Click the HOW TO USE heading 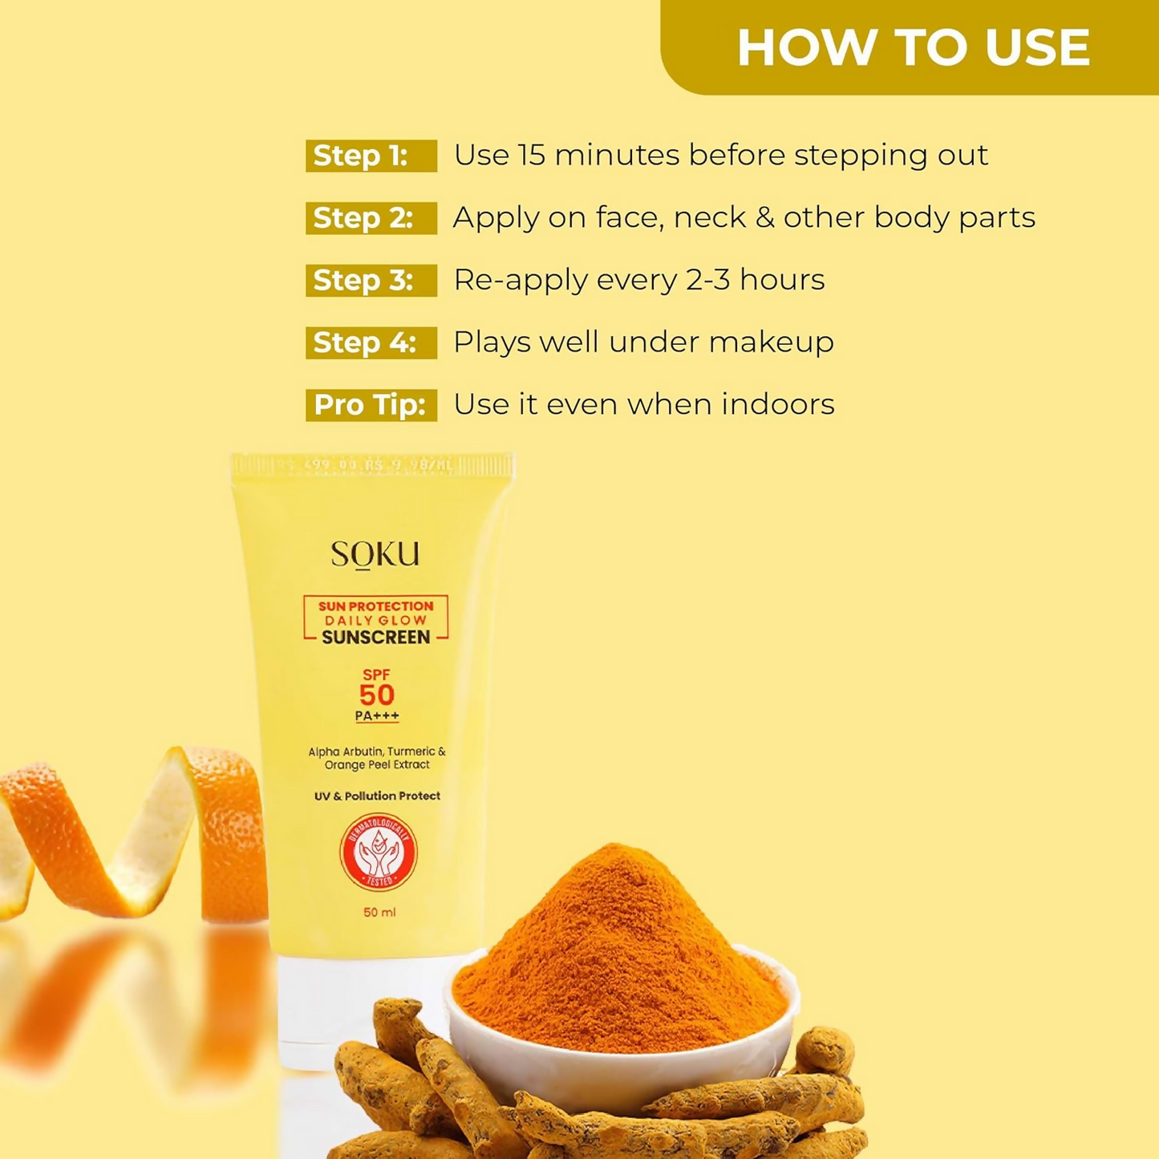tap(913, 47)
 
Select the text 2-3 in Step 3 tap(707, 280)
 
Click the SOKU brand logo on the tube tap(375, 554)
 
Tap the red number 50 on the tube tap(376, 695)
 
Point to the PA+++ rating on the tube tap(377, 716)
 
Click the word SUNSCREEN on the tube tap(376, 638)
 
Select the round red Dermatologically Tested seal tap(378, 853)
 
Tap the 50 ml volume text tap(379, 912)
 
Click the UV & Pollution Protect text tap(377, 796)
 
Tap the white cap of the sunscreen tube tap(353, 1011)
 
